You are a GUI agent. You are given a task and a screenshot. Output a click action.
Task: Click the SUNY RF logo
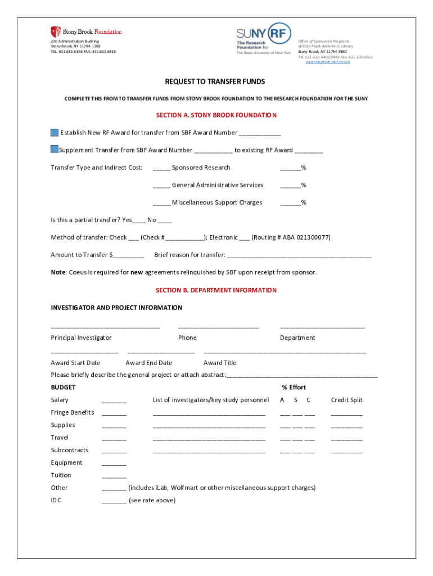coord(264,38)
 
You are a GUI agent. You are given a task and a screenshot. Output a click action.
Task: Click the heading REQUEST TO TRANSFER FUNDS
coord(215,82)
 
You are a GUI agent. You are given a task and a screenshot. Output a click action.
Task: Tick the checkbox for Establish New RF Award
coord(55,133)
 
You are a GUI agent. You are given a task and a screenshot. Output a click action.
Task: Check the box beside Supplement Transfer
coord(55,150)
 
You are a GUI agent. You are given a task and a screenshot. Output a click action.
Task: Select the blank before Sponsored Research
coord(161,168)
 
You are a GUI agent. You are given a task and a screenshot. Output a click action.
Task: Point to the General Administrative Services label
coord(217,185)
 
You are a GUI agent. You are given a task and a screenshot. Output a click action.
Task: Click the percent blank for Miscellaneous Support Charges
coord(290,203)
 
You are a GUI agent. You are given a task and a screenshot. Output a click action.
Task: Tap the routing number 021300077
coord(312,237)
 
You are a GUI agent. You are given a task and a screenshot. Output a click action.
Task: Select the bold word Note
coord(58,272)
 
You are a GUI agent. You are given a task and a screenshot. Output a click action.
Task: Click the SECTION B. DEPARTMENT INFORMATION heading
coord(216,290)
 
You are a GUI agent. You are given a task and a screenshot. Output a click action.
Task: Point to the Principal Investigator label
coord(81,337)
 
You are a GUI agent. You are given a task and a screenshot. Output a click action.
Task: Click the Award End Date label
coord(148,363)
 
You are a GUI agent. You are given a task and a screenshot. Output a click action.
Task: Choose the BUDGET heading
coord(63,388)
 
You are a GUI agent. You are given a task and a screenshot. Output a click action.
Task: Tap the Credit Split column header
coord(346,400)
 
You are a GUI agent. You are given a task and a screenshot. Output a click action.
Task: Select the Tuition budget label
coord(61,475)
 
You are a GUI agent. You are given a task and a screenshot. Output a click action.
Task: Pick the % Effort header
coord(294,388)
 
